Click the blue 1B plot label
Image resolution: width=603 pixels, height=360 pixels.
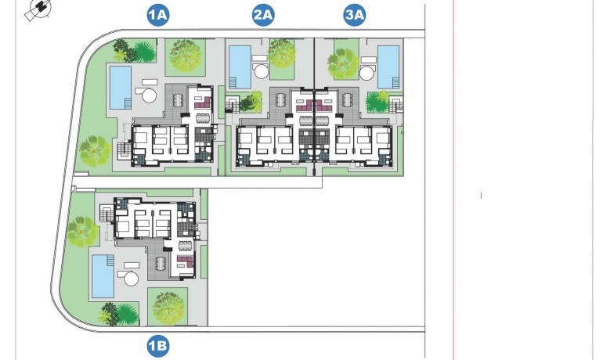158,344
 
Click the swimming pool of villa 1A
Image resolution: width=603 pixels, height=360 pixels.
119,88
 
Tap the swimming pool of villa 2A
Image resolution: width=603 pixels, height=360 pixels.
240,66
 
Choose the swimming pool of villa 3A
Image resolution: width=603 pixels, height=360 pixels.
388,67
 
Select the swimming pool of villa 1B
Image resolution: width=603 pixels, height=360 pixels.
103,275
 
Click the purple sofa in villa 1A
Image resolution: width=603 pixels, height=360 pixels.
203,101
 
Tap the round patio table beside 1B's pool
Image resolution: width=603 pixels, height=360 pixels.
131,277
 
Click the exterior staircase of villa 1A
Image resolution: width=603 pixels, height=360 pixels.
122,149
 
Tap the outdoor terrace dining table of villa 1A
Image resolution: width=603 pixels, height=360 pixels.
179,100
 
